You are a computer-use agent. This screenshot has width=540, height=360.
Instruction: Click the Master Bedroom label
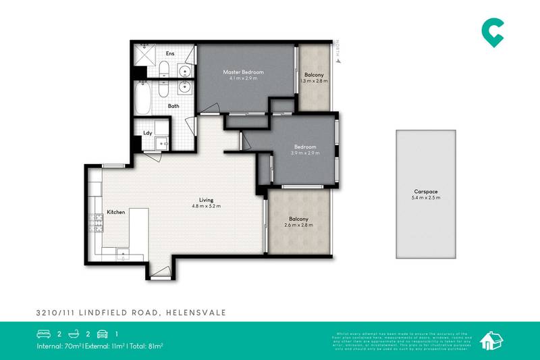[x=244, y=72]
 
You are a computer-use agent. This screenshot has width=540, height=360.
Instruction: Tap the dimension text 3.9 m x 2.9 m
[x=305, y=153]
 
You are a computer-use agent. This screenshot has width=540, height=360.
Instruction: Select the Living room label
[x=206, y=199]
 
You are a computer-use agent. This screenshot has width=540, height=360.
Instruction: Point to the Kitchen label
[x=116, y=213]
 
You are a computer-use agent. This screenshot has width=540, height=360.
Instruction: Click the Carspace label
[x=425, y=191]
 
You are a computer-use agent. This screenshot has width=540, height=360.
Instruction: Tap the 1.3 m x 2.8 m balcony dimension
[x=313, y=81]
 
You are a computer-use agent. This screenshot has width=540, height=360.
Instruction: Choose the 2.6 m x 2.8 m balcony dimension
[x=299, y=225]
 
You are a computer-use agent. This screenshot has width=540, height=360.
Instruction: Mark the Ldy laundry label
[x=146, y=133]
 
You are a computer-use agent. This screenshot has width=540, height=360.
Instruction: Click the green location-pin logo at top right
[x=492, y=32]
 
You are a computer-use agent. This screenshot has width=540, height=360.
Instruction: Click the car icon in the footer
[x=102, y=334]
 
